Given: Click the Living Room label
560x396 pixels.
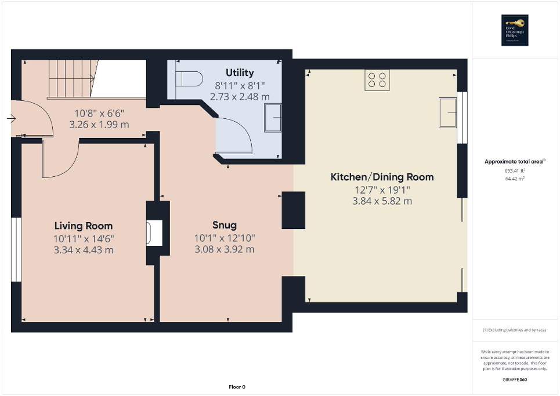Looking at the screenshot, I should tap(84, 226).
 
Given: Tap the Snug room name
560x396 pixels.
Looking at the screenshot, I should tap(224, 225).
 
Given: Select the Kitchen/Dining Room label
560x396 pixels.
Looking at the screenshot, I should tap(382, 177).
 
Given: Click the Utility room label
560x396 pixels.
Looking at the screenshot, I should tap(240, 72).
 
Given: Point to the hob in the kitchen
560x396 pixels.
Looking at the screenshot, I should tap(377, 80).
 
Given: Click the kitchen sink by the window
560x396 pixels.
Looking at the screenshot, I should tap(448, 112).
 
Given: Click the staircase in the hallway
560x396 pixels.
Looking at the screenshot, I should tap(70, 78).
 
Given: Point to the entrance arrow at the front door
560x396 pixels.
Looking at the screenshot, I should tap(11, 119).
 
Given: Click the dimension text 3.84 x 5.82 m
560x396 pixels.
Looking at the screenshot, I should tap(382, 201).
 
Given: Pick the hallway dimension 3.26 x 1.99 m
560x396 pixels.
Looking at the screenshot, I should tap(99, 124).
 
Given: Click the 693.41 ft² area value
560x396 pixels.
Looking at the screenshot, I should tap(515, 171).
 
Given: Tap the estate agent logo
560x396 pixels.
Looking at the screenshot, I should tap(515, 30).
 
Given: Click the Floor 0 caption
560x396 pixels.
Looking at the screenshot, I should tap(236, 387).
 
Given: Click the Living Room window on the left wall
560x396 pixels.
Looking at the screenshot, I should tap(16, 250).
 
